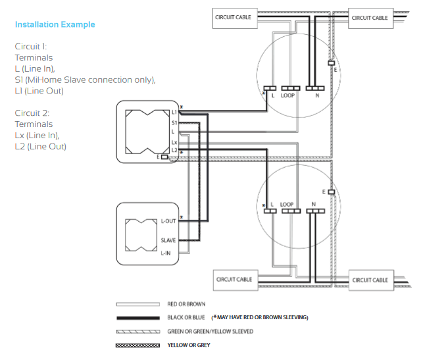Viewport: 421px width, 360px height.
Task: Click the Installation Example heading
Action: (x=55, y=24)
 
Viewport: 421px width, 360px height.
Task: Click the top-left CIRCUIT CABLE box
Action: (x=235, y=18)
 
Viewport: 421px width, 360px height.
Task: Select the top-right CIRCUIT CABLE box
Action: (x=370, y=18)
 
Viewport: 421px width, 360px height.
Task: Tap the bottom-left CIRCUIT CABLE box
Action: (x=235, y=280)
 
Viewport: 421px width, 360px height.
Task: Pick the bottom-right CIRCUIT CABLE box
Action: (x=371, y=280)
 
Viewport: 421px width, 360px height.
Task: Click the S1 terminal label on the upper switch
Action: (x=174, y=123)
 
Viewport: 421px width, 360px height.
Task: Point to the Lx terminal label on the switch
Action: (x=174, y=142)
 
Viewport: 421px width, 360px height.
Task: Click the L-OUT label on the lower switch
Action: (x=168, y=221)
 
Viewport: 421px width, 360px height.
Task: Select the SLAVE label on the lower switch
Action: (x=168, y=240)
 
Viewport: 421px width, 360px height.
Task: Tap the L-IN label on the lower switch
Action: (x=166, y=253)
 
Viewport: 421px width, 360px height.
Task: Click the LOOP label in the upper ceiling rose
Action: (x=287, y=95)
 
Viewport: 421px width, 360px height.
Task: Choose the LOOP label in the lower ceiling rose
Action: (x=287, y=205)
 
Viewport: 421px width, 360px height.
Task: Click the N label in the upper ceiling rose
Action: (x=317, y=95)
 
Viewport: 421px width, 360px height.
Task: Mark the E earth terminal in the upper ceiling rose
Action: (x=332, y=63)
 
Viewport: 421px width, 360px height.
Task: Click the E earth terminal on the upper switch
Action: (x=164, y=157)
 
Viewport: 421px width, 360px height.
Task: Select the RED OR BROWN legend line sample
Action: (x=137, y=305)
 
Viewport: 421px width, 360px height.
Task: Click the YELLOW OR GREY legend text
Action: (x=189, y=345)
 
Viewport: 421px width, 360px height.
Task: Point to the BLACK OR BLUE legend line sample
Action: (x=138, y=318)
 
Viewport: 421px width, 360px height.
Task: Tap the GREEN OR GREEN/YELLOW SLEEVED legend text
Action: (x=210, y=332)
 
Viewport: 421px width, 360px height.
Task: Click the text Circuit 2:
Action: (x=32, y=113)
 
